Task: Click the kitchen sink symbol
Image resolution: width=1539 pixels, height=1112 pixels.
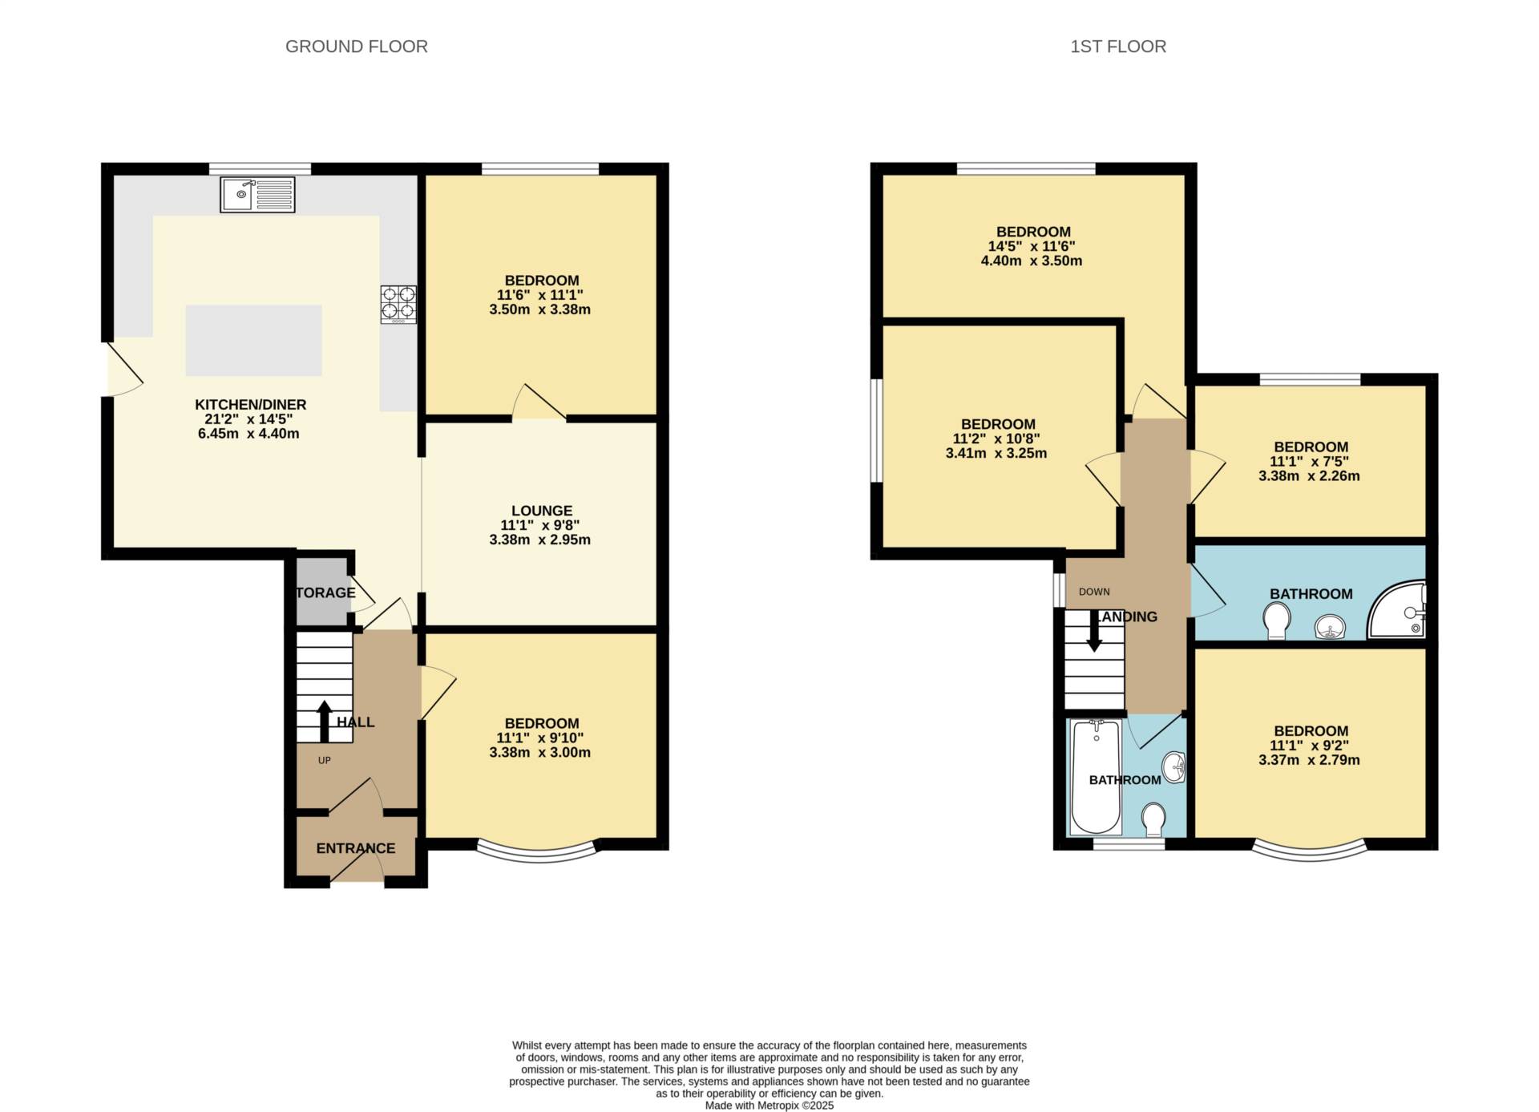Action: tap(257, 195)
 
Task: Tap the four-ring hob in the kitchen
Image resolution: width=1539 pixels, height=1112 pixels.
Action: tap(398, 305)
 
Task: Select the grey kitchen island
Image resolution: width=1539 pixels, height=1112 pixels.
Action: tap(254, 340)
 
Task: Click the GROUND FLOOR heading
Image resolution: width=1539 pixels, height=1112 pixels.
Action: tap(357, 47)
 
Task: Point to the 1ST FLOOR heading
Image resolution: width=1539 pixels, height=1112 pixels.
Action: tap(1118, 47)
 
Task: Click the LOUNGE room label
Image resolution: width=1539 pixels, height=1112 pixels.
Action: tap(542, 511)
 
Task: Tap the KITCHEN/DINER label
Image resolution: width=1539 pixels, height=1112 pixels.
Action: tap(251, 405)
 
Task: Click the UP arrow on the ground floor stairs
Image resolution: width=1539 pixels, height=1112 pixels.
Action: tap(325, 722)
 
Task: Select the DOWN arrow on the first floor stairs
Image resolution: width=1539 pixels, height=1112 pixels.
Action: tap(1094, 631)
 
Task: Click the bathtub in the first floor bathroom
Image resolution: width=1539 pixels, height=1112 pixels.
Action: tap(1097, 777)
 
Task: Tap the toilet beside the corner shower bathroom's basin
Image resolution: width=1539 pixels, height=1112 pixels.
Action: tap(1277, 620)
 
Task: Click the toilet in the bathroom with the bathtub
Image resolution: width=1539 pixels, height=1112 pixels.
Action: tap(1153, 819)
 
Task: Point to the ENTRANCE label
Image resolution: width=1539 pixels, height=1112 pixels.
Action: tap(356, 848)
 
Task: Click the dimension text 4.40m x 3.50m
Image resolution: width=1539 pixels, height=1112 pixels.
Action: tap(1032, 261)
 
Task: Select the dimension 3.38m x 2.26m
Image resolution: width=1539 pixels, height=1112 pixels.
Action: tap(1309, 475)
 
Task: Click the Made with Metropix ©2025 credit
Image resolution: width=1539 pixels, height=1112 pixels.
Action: tap(769, 1106)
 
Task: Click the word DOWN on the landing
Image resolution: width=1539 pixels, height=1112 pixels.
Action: tap(1094, 592)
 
